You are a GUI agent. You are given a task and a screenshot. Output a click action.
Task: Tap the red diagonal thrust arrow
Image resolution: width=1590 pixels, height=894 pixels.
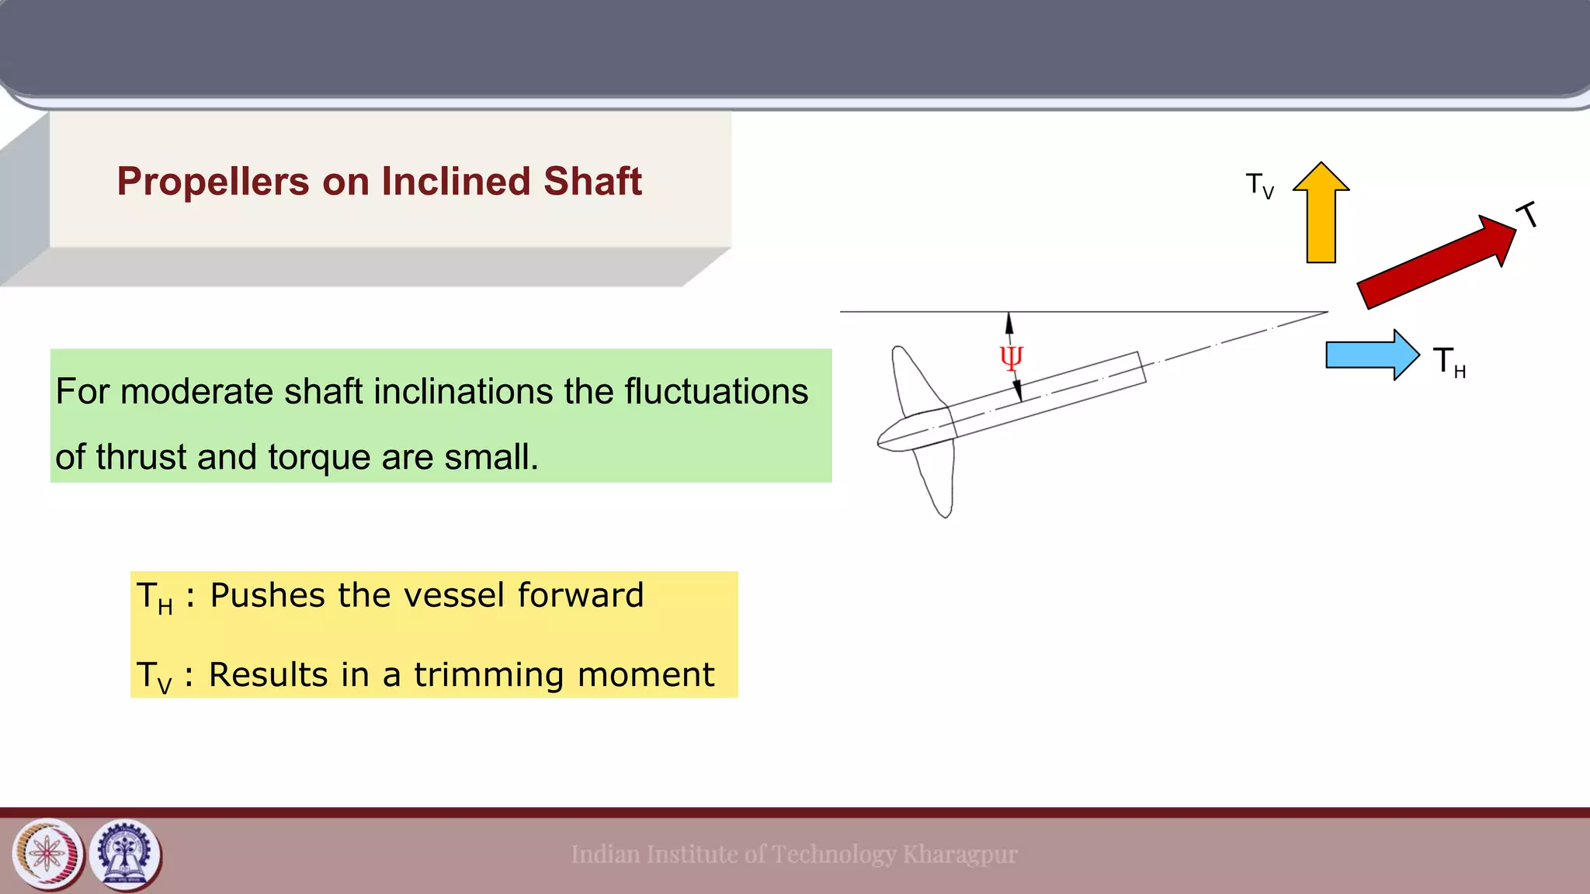[1436, 262]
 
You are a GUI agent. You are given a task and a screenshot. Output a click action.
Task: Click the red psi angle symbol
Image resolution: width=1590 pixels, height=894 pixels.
[1011, 358]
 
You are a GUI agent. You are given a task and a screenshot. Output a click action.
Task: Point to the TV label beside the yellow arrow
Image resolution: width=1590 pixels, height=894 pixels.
[1259, 186]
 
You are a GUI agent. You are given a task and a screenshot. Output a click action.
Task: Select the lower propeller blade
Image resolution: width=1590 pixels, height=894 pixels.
[936, 481]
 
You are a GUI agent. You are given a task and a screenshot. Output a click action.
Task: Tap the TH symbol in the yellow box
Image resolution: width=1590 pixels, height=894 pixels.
[154, 598]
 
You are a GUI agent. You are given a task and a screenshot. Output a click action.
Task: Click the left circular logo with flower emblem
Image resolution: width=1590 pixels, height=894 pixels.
[47, 854]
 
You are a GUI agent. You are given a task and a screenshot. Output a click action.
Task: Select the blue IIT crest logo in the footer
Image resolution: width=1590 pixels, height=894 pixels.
[125, 854]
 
